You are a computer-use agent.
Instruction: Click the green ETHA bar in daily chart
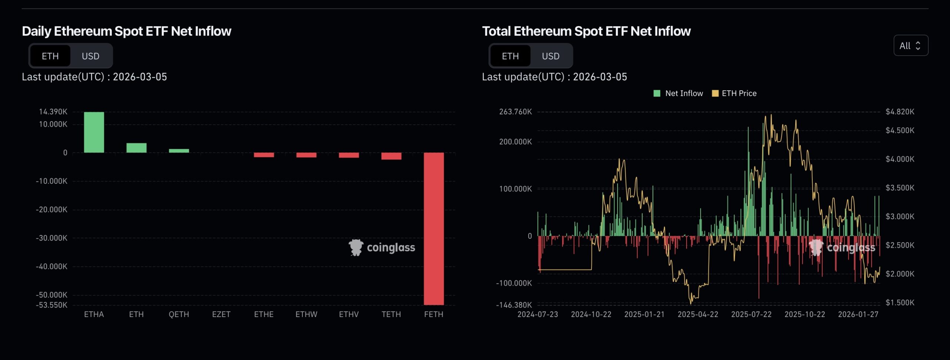pyautogui.click(x=94, y=132)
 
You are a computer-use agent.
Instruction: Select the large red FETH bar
pyautogui.click(x=433, y=228)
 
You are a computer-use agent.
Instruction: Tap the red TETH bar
pyautogui.click(x=391, y=156)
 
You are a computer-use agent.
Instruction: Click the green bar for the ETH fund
pyautogui.click(x=136, y=148)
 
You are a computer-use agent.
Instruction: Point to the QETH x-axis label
pyautogui.click(x=179, y=314)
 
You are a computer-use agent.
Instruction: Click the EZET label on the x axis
pyautogui.click(x=221, y=314)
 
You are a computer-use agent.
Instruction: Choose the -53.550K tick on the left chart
pyautogui.click(x=52, y=305)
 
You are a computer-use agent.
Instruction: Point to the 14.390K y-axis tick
pyautogui.click(x=53, y=112)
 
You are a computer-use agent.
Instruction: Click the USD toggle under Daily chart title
pyautogui.click(x=91, y=56)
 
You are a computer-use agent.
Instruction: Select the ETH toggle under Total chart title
pyautogui.click(x=510, y=56)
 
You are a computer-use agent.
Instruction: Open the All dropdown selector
pyautogui.click(x=910, y=46)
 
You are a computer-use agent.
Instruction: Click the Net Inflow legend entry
pyautogui.click(x=678, y=94)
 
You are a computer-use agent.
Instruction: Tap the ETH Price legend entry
pyautogui.click(x=734, y=94)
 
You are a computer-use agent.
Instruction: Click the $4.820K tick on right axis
pyautogui.click(x=900, y=112)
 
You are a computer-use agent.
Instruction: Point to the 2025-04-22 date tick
pyautogui.click(x=698, y=314)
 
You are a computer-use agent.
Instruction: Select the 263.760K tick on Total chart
pyautogui.click(x=515, y=112)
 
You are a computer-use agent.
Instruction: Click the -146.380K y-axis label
pyautogui.click(x=514, y=305)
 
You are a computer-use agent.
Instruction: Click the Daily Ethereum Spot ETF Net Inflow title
pyautogui.click(x=127, y=31)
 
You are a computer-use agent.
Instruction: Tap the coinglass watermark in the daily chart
pyautogui.click(x=382, y=248)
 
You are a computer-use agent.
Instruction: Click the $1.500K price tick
pyautogui.click(x=900, y=302)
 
